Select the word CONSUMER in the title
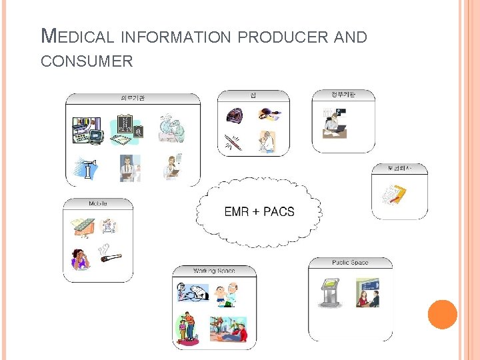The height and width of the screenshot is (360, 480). point(87,62)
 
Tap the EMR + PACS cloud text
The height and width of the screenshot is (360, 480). point(259,212)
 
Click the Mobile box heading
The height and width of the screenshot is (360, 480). point(98,203)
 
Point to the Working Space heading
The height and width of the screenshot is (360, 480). point(214,271)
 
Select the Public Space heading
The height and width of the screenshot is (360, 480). point(350,263)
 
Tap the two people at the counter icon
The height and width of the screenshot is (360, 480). point(367,293)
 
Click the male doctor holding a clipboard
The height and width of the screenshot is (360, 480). point(127,167)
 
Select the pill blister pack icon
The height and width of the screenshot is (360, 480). point(83,226)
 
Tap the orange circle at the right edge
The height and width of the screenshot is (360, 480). point(442,314)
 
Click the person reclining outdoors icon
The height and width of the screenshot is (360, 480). point(229,329)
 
